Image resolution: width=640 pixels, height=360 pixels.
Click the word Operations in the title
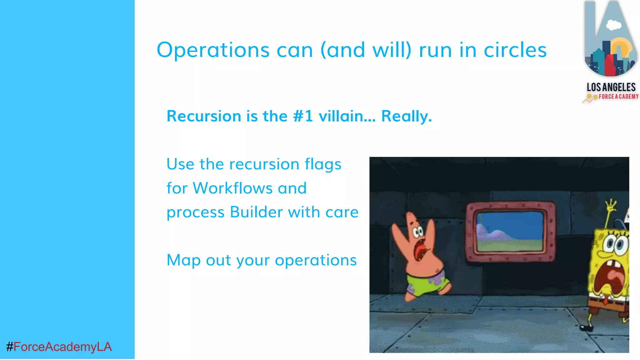[x=213, y=50]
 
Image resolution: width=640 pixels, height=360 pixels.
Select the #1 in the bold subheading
[x=303, y=116]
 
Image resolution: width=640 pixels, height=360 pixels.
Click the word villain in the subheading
[x=347, y=116]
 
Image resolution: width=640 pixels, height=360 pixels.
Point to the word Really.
[x=406, y=116]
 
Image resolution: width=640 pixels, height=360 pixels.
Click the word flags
[x=323, y=164]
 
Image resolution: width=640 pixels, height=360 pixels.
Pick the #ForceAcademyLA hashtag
[x=59, y=347]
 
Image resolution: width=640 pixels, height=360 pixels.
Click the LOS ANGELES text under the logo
[x=611, y=87]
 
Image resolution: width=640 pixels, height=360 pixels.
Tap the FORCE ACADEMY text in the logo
[x=618, y=97]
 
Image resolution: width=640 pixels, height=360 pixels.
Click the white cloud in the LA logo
[x=613, y=25]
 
